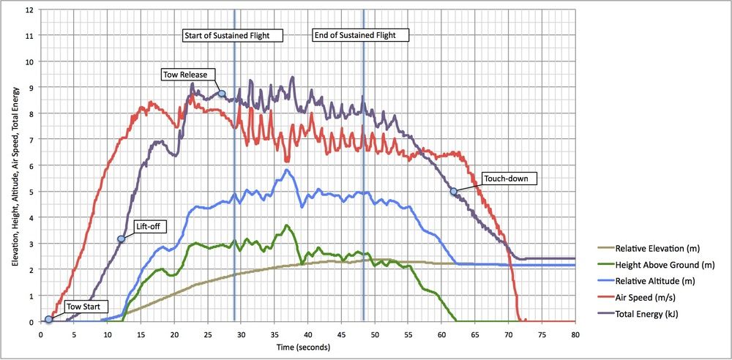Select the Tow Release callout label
click(185, 74)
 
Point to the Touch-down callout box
click(509, 178)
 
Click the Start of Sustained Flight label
click(231, 35)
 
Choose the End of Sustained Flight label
click(360, 35)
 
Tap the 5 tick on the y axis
click(31, 192)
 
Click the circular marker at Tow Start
click(48, 319)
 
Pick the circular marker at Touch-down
click(453, 191)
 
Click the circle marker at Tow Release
click(221, 94)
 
